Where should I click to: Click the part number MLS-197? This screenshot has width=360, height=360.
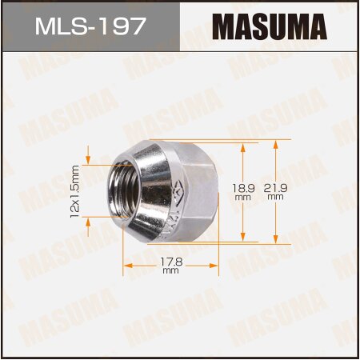pos(90,27)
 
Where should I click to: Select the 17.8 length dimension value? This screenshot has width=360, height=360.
pos(170,260)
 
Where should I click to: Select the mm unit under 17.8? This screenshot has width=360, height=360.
pos(170,270)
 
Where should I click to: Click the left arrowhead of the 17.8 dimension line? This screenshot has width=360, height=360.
pos(125,265)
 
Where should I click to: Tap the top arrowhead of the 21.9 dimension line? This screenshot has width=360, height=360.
pos(276,143)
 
